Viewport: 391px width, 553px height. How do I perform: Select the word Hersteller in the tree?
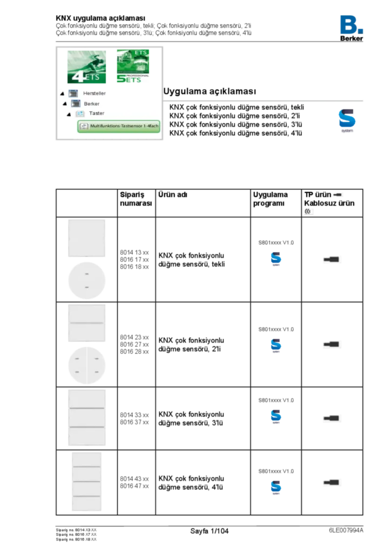(x=95, y=93)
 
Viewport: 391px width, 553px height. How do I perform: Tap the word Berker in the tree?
(x=92, y=104)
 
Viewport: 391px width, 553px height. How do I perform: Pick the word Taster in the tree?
(x=97, y=113)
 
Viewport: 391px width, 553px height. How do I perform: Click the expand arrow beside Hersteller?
(x=63, y=94)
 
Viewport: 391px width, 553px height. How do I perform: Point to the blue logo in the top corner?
(x=352, y=24)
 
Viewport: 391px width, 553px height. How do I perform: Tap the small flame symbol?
(x=308, y=212)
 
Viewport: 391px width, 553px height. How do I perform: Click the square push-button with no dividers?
(x=86, y=238)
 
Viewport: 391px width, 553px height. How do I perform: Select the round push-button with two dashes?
(x=86, y=281)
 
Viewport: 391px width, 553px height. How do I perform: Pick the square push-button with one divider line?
(x=86, y=323)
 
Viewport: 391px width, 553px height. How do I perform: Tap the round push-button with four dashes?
(x=86, y=365)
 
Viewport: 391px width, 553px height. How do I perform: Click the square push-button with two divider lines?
(x=86, y=417)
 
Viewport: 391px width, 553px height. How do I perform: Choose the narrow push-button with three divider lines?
(x=86, y=482)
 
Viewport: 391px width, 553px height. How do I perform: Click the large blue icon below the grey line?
(x=347, y=120)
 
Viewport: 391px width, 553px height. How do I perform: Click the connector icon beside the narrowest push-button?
(x=332, y=482)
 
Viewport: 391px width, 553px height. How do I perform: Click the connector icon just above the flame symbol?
(x=338, y=194)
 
